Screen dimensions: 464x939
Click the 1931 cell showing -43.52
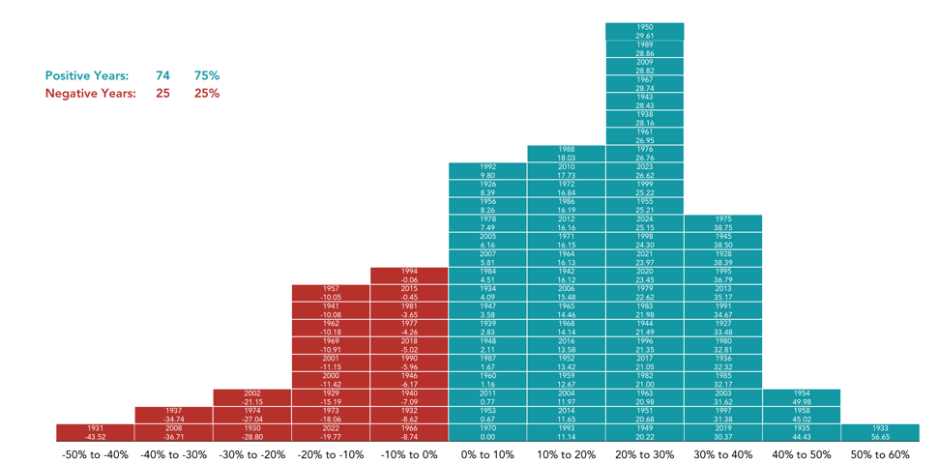[x=95, y=432]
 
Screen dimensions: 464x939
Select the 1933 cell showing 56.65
[x=880, y=432]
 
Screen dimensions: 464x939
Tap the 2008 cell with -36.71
[x=173, y=432]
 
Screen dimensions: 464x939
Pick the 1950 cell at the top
[x=645, y=31]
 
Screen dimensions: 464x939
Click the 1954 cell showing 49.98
[x=802, y=397]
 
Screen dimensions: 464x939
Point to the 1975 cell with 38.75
[x=723, y=222]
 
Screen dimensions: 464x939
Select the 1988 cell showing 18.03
[x=567, y=153]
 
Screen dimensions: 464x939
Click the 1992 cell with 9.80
[x=487, y=170]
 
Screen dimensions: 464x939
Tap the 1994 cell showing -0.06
[x=409, y=275]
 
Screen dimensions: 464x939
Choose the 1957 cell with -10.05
[x=331, y=293]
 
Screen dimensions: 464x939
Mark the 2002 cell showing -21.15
[x=251, y=397]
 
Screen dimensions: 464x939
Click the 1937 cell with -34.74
[x=173, y=415]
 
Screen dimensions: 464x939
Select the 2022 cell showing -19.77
[x=331, y=432]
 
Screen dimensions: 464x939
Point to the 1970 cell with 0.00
[x=487, y=432]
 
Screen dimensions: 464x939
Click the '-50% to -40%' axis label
[x=95, y=454]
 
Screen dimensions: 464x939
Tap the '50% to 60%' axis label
[x=880, y=454]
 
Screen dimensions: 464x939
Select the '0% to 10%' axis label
[x=487, y=454]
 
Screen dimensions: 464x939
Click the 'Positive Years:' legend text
[x=87, y=75]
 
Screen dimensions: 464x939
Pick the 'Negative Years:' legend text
[x=91, y=94]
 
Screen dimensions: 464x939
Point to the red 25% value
[x=206, y=94]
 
